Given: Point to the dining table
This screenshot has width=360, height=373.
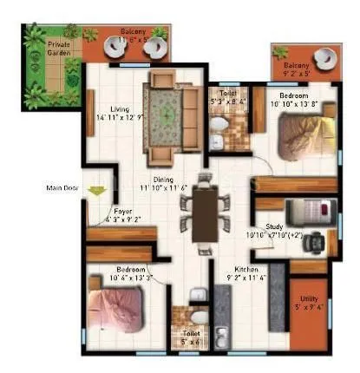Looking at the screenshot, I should [206, 213].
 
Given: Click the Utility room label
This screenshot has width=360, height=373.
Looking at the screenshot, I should [310, 300].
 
